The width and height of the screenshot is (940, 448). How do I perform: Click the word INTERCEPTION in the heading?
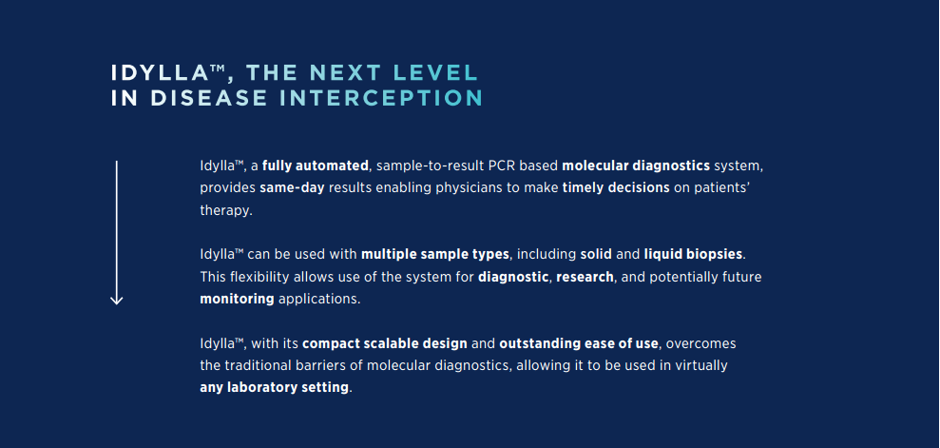[381, 98]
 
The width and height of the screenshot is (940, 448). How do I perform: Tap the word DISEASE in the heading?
[209, 98]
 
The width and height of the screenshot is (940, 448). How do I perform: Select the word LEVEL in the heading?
[436, 72]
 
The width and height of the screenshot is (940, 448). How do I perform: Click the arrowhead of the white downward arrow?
[116, 299]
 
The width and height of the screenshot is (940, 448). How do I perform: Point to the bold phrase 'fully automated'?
[316, 166]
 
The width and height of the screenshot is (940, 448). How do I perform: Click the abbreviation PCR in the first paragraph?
[490, 166]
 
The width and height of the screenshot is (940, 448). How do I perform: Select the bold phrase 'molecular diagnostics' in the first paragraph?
[636, 166]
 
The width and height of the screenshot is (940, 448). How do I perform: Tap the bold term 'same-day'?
[292, 187]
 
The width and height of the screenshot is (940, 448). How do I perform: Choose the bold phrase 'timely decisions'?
[616, 187]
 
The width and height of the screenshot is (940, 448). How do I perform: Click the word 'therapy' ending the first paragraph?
[224, 211]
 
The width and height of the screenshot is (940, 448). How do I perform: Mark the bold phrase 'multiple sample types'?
[435, 254]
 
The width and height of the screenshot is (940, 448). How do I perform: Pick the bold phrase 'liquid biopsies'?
[693, 254]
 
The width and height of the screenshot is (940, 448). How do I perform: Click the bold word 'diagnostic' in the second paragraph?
[513, 277]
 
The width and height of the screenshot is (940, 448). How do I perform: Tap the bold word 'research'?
[585, 277]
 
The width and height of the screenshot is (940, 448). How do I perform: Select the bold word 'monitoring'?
[237, 299]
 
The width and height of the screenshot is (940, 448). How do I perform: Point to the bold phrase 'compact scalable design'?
[385, 344]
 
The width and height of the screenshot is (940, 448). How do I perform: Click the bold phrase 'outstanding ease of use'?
[579, 344]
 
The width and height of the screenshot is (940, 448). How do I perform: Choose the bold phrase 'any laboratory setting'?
[274, 387]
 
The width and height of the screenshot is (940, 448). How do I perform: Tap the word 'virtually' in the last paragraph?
[700, 366]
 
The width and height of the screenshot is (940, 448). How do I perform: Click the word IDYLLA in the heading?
[160, 72]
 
